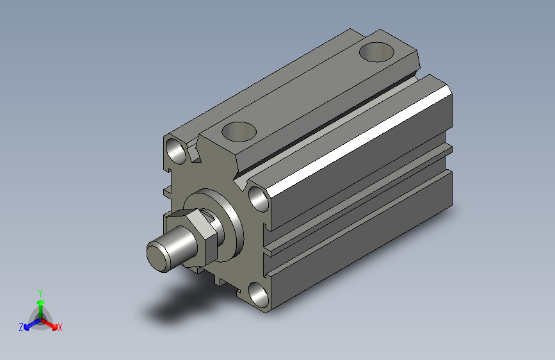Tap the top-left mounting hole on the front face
click(x=176, y=151)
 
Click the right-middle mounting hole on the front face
click(x=259, y=199)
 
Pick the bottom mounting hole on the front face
click(x=259, y=295)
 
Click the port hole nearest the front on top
click(x=239, y=131)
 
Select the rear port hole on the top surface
click(x=376, y=52)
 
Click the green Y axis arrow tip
click(x=41, y=303)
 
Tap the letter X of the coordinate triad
click(x=60, y=328)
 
